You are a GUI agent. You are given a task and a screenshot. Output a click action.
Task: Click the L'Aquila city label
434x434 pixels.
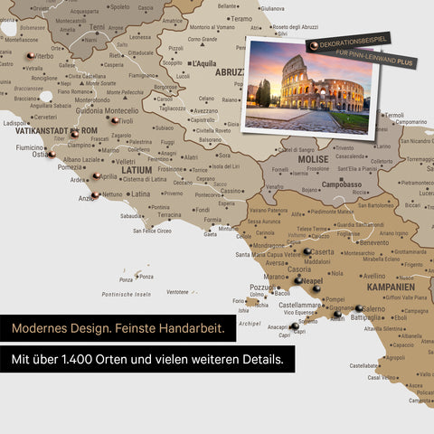pos(203,64)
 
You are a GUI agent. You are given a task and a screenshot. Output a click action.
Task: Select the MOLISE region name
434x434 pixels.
pos(313,159)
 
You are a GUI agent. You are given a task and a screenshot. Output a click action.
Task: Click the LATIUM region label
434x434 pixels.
pos(137,169)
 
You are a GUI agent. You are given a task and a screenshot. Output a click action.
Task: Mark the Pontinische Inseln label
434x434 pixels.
pos(126,294)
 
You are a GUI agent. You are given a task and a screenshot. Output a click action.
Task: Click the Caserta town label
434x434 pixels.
pos(322,252)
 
